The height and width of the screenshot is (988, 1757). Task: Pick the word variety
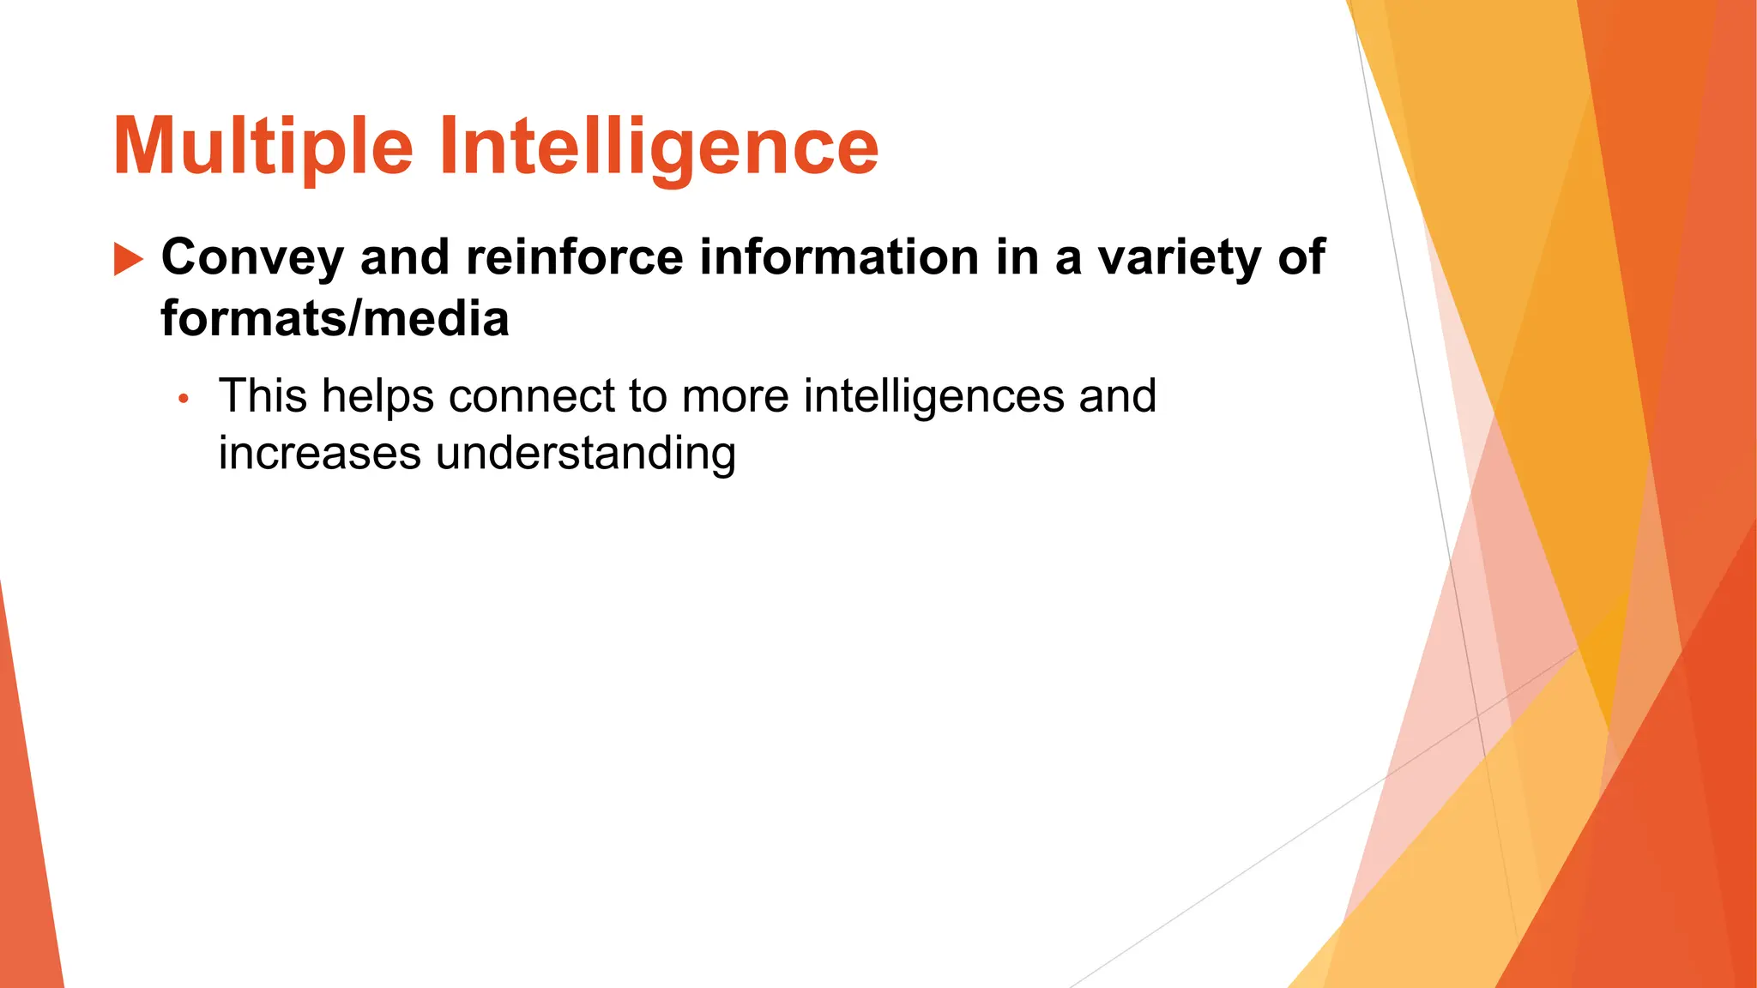pos(1180,257)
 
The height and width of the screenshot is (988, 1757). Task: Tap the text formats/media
pos(335,318)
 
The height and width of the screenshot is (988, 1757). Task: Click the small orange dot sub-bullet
pos(183,399)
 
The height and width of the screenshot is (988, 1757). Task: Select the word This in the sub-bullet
pos(263,396)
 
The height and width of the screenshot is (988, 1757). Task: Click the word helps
pos(377,396)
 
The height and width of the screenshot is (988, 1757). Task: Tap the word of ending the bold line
pos(1301,257)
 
